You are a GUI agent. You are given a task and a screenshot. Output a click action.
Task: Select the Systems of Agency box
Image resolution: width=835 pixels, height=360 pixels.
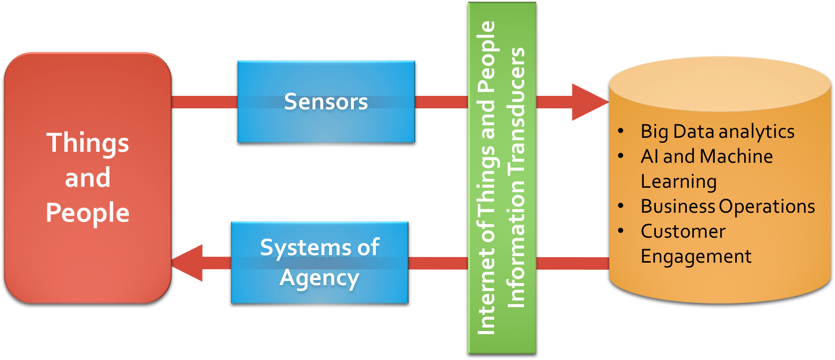coord(319,263)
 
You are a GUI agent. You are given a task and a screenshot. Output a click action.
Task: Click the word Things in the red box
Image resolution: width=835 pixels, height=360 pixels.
coord(88,143)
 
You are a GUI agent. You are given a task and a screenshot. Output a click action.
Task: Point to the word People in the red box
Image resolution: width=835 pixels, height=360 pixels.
coord(88,213)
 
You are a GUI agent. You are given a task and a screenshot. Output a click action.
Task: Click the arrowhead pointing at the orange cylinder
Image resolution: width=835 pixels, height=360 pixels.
coord(589,102)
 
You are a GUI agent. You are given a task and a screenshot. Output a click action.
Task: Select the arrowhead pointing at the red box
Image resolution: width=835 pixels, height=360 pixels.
coord(189,263)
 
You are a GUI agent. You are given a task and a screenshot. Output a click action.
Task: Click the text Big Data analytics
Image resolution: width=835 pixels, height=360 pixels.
coord(717,132)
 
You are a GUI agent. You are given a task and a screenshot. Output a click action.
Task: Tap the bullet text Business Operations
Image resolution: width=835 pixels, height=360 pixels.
coord(728,206)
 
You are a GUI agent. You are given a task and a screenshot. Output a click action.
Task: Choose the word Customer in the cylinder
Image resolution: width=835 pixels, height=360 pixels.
coord(683,231)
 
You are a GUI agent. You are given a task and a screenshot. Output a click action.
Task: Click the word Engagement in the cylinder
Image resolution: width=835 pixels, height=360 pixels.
coord(696,257)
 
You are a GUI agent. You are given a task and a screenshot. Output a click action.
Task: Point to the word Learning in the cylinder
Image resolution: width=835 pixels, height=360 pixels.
coord(679,181)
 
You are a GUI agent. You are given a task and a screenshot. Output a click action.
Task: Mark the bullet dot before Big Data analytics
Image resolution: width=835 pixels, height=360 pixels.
coord(621,131)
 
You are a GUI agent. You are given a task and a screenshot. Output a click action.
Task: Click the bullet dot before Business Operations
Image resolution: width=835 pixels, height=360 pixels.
coord(621,206)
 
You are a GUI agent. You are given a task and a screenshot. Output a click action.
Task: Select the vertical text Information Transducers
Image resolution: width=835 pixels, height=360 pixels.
coord(517,178)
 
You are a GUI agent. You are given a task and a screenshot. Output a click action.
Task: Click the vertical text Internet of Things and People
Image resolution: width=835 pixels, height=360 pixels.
coord(487,178)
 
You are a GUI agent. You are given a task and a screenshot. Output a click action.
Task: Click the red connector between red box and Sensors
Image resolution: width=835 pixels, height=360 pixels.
coord(205,102)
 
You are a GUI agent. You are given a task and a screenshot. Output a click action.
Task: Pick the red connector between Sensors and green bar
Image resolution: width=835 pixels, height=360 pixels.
coord(441,102)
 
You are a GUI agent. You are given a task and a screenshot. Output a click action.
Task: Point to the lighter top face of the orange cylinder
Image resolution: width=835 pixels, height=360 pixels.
coord(720,84)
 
